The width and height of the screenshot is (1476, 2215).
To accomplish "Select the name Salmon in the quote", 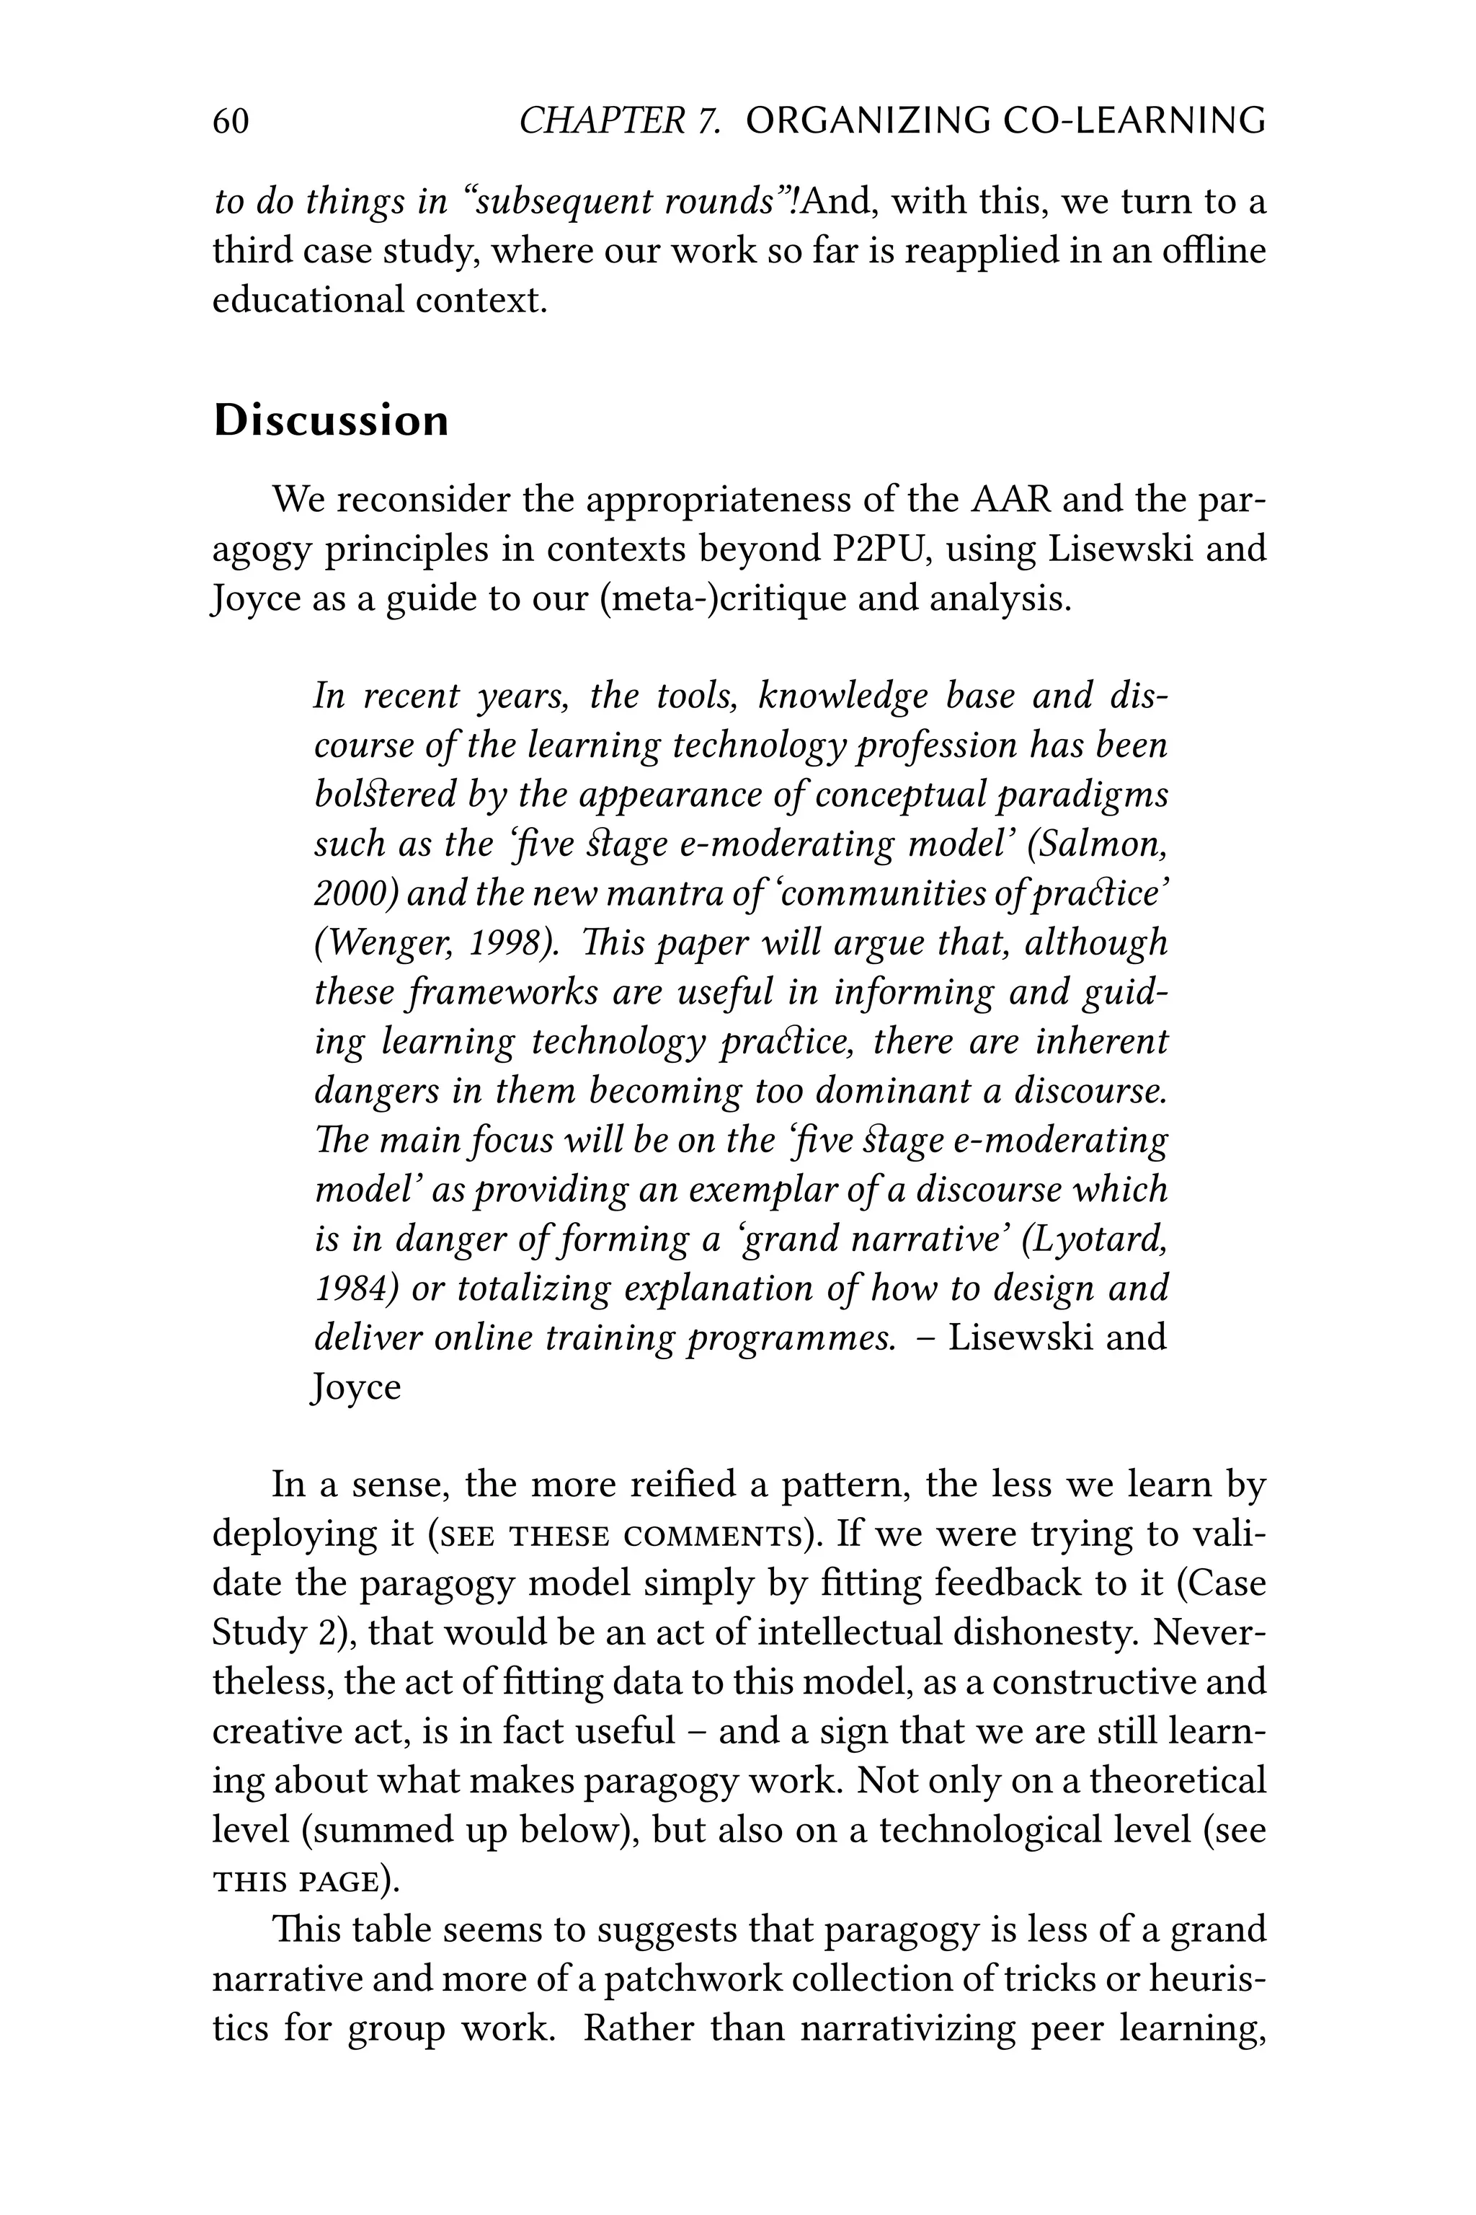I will tap(1101, 844).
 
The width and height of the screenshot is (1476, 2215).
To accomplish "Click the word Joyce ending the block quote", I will tap(356, 1387).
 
